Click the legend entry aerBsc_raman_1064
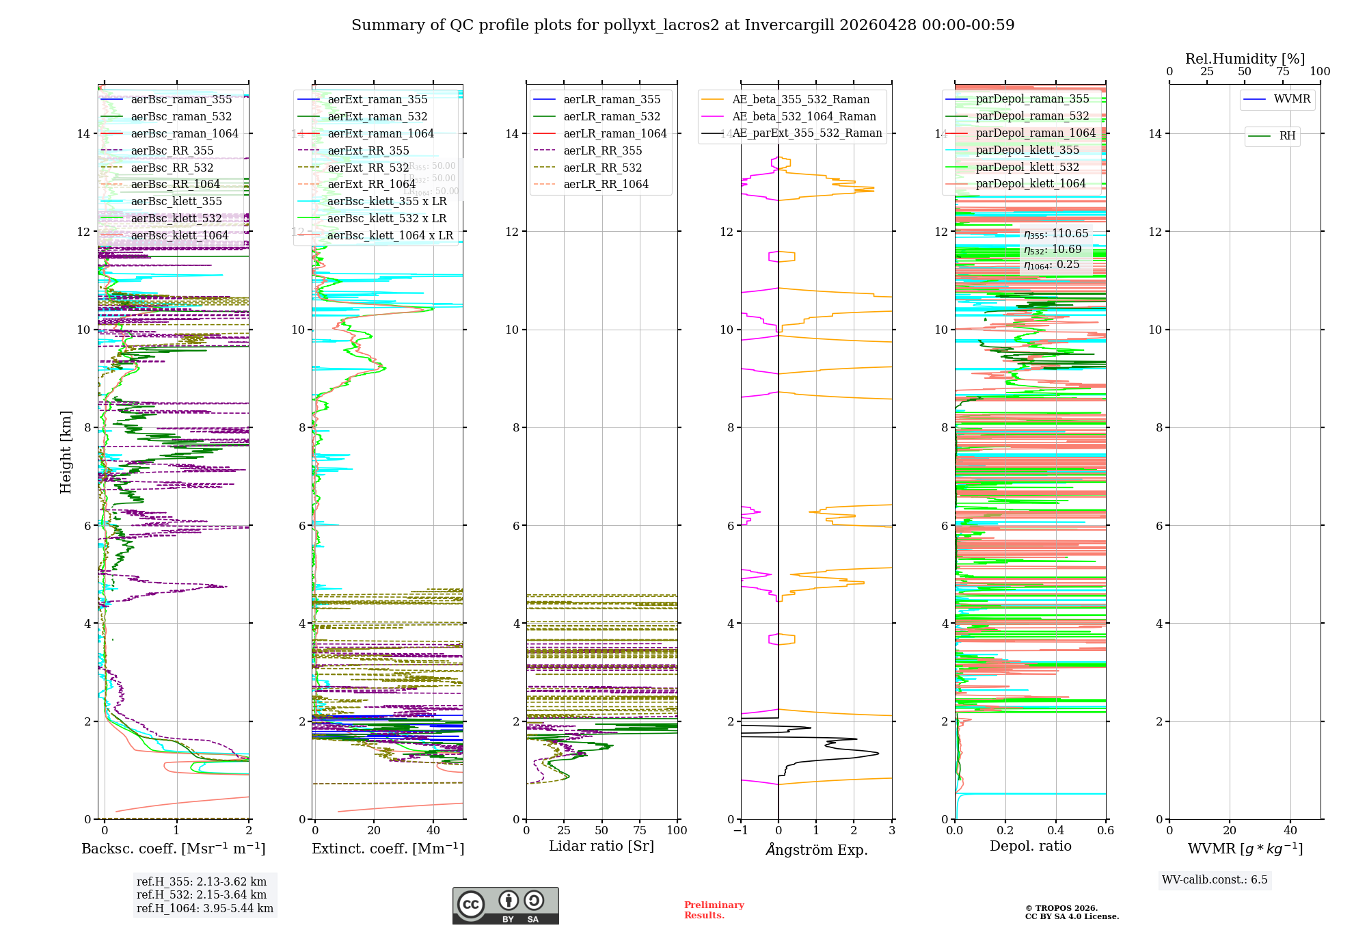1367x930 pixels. coord(185,133)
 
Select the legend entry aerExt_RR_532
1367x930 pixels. coord(368,168)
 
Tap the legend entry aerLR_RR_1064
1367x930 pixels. coord(606,184)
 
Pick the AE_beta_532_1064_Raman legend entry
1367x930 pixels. coord(804,116)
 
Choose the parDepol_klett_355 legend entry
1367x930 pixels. coord(1027,150)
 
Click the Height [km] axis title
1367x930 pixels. coord(66,451)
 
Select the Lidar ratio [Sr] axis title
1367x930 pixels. coord(601,846)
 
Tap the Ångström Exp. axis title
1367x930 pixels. coord(817,849)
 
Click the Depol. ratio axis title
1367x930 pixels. coord(1031,846)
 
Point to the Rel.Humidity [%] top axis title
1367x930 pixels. coord(1245,59)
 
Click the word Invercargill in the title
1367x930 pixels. coord(789,25)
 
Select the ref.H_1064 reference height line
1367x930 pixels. coord(205,908)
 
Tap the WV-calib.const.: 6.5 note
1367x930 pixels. coord(1215,879)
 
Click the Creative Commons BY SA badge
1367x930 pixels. coord(506,905)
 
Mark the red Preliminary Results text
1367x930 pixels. coord(714,909)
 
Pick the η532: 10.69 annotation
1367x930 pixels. coord(1053,250)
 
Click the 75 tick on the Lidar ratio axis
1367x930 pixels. coord(640,830)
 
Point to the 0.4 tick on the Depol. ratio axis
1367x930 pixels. coord(1056,830)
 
